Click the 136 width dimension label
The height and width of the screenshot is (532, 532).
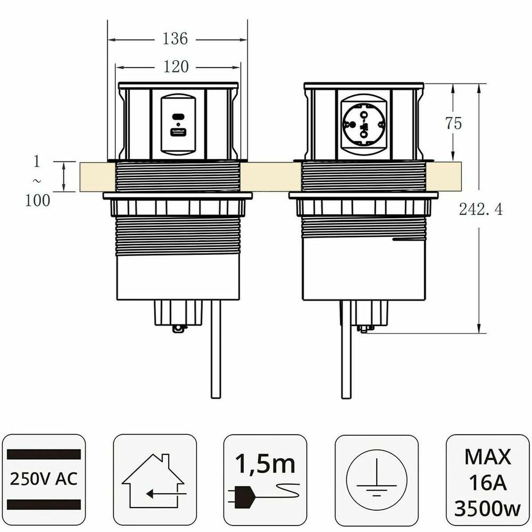[x=175, y=39]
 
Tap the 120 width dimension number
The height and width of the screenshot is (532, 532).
[x=176, y=67]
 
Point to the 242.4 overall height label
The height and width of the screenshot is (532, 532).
[x=481, y=210]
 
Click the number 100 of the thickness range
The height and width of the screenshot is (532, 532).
[x=38, y=201]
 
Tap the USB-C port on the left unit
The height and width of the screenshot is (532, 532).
[x=178, y=116]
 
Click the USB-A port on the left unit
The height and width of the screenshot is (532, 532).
[x=178, y=133]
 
